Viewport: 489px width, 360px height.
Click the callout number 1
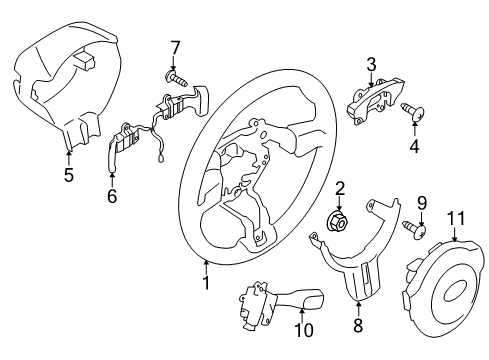pos(207,283)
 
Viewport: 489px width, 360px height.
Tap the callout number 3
pos(371,65)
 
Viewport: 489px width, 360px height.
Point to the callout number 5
pos(69,175)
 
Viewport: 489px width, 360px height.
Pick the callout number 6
pos(112,196)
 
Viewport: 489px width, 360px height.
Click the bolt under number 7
pos(176,78)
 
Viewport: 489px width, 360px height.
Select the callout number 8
pos(358,325)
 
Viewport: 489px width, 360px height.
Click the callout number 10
pos(304,330)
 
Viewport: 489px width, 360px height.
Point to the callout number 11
pos(456,218)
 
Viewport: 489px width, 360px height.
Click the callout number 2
pos(340,188)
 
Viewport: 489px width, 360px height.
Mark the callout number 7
pos(175,48)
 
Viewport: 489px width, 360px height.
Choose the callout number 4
pos(414,146)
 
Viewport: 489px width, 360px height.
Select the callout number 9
pos(422,203)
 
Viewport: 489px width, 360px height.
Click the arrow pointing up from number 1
pos(207,267)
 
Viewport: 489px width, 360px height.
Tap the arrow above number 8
pos(358,308)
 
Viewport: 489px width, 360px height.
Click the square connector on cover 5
pos(85,60)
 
